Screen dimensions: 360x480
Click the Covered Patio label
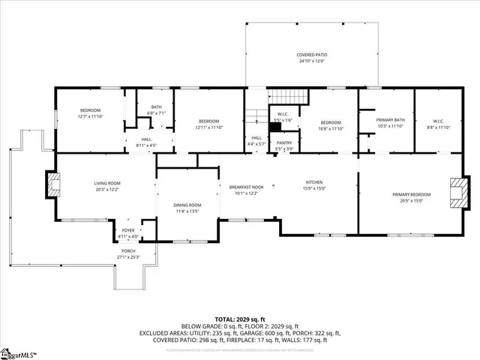[311, 55]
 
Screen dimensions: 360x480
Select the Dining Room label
[187, 205]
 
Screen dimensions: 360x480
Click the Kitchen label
[313, 182]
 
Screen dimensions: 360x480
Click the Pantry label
[284, 142]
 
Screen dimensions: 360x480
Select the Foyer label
[128, 231]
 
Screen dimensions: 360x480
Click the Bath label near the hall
[156, 106]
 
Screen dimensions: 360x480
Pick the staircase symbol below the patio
[289, 97]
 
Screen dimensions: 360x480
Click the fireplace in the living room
[52, 184]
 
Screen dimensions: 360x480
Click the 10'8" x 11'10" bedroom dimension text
[331, 128]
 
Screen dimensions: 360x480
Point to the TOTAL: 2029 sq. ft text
[239, 319]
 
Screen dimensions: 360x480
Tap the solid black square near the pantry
[275, 127]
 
